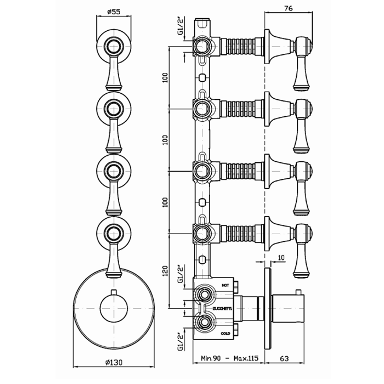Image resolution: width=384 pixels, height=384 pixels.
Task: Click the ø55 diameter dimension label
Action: point(114,12)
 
